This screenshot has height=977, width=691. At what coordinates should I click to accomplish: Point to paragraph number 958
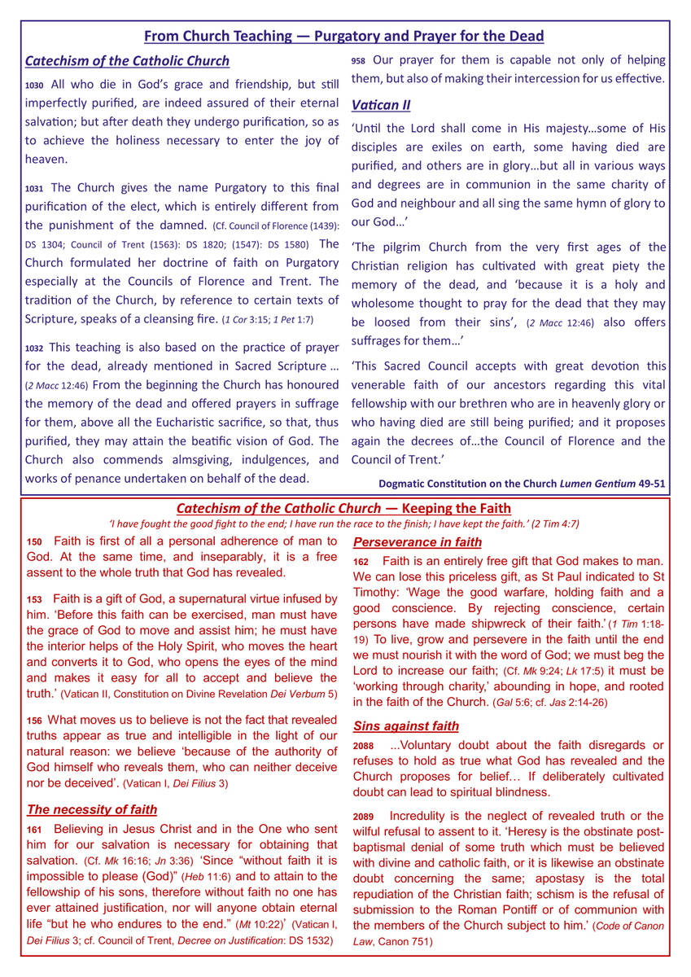pyautogui.click(x=358, y=61)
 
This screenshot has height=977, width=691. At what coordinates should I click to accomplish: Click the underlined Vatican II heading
pyautogui.click(x=381, y=105)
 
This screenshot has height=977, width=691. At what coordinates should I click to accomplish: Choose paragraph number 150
pyautogui.click(x=34, y=541)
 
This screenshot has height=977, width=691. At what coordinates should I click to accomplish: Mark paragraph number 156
pyautogui.click(x=34, y=720)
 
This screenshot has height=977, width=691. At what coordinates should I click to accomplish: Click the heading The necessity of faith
pyautogui.click(x=92, y=809)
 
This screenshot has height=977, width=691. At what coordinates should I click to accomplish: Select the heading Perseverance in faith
pyautogui.click(x=417, y=542)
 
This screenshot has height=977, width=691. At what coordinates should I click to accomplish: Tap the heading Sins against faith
pyautogui.click(x=405, y=725)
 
